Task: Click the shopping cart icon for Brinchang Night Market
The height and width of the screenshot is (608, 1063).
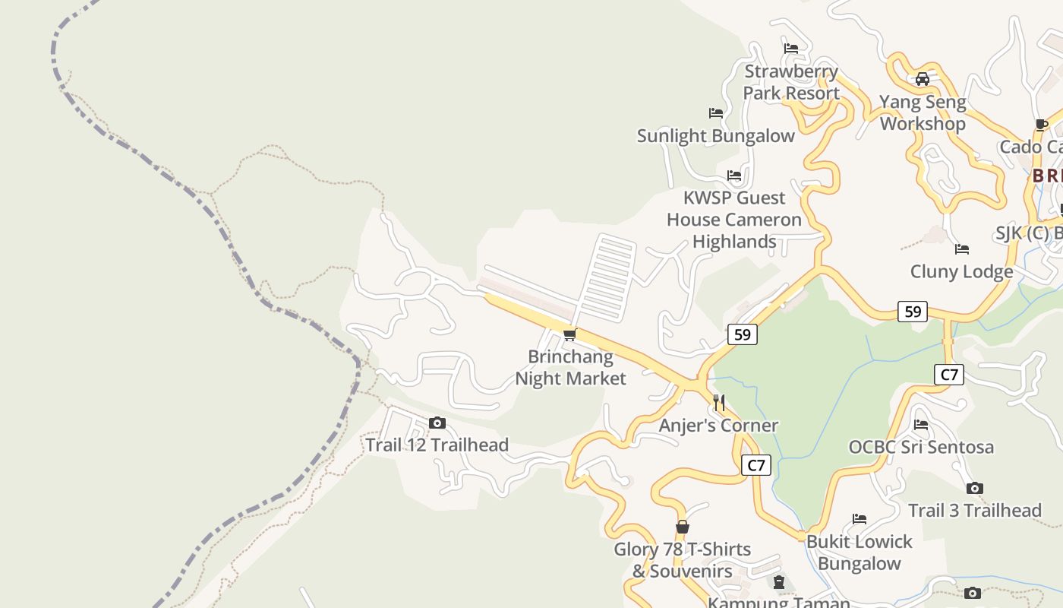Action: pyautogui.click(x=569, y=335)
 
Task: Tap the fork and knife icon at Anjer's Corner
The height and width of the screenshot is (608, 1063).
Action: pyautogui.click(x=719, y=403)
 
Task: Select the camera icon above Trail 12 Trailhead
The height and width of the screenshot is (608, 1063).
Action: pyautogui.click(x=437, y=423)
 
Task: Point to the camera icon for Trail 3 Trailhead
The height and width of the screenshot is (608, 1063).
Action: pyautogui.click(x=975, y=489)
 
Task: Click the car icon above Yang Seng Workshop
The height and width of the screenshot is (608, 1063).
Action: pyautogui.click(x=923, y=79)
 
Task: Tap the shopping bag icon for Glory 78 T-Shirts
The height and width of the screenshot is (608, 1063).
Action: pyautogui.click(x=683, y=527)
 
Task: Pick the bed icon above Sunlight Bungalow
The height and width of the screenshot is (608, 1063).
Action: pyautogui.click(x=715, y=113)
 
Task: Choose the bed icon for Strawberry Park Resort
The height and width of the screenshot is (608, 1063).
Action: pyautogui.click(x=791, y=49)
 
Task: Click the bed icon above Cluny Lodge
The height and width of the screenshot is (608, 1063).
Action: pyautogui.click(x=962, y=249)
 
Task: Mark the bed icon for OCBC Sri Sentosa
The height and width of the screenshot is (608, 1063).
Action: pyautogui.click(x=921, y=425)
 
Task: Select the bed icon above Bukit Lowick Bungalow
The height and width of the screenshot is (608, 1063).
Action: pyautogui.click(x=860, y=519)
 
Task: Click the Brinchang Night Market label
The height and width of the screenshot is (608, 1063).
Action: pyautogui.click(x=571, y=368)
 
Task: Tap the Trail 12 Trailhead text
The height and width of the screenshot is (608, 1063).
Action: pyautogui.click(x=437, y=445)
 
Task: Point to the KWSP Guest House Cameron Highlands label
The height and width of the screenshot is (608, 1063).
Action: pyautogui.click(x=734, y=220)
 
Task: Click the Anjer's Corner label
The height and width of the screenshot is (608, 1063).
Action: pyautogui.click(x=718, y=426)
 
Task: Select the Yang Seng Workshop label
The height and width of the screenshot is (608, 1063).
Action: pyautogui.click(x=923, y=112)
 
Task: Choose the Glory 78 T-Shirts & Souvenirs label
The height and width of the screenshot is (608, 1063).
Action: pyautogui.click(x=683, y=560)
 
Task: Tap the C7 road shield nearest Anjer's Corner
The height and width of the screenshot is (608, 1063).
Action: pyautogui.click(x=755, y=465)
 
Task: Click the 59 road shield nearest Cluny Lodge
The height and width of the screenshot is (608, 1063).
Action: pyautogui.click(x=913, y=312)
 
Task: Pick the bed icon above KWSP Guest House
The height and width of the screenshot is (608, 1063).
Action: pyautogui.click(x=734, y=176)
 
